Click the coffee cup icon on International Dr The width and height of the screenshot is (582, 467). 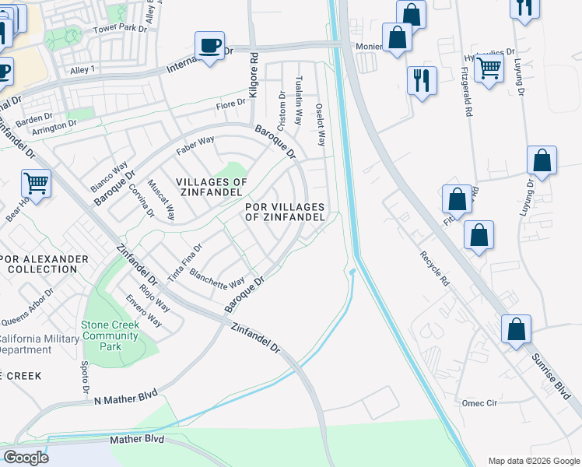[x=209, y=45]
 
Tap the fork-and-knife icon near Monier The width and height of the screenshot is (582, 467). [x=422, y=79]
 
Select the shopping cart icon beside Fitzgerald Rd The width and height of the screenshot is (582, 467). [x=489, y=68]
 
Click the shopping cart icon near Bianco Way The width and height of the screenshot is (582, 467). [x=36, y=184]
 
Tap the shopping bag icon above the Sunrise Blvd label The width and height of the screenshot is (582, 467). [x=515, y=329]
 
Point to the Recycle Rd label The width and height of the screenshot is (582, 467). [x=435, y=267]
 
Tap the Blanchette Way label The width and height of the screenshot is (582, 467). [x=217, y=277]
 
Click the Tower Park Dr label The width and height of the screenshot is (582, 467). [x=120, y=28]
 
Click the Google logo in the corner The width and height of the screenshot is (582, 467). [x=26, y=457]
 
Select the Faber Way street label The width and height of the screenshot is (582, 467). [x=195, y=144]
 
